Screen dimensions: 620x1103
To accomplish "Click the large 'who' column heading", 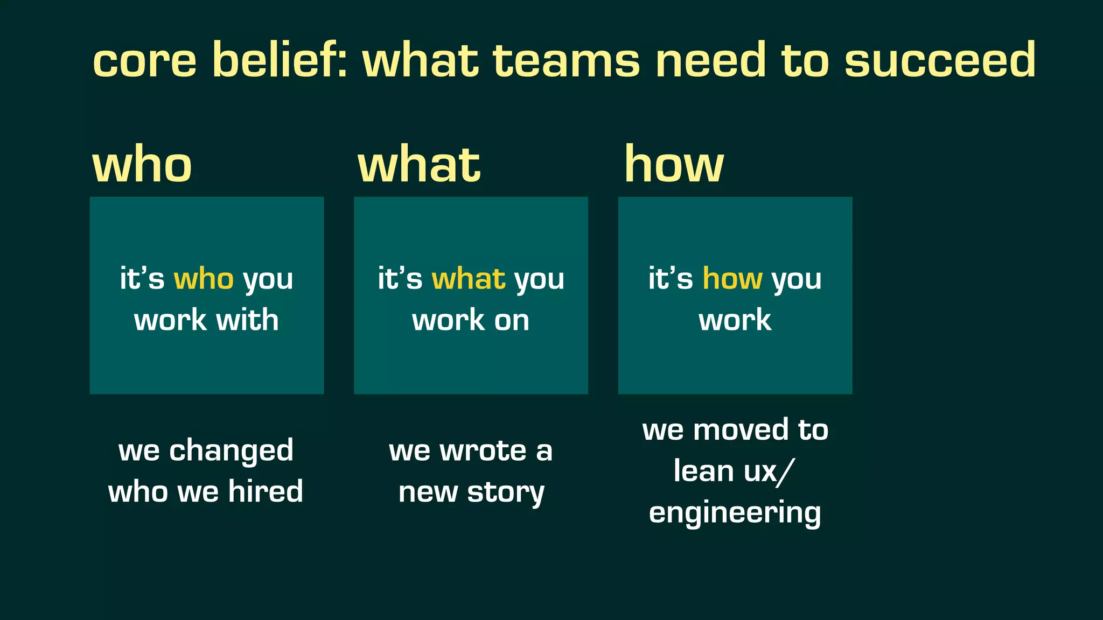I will [142, 165].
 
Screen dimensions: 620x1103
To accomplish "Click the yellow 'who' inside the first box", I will [204, 279].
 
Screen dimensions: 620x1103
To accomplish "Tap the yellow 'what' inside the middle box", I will [469, 279].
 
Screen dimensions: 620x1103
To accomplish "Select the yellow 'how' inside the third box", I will [732, 279].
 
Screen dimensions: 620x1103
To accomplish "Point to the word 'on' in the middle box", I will [512, 321].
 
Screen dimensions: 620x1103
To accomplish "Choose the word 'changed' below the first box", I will [231, 451].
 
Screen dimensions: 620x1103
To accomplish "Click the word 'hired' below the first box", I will [266, 491].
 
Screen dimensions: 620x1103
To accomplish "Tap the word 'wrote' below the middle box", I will [483, 451].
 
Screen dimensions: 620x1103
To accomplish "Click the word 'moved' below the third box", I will [743, 430].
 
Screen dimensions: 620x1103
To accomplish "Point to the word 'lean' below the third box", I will [703, 471].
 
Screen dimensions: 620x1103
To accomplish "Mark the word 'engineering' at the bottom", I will [735, 513].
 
